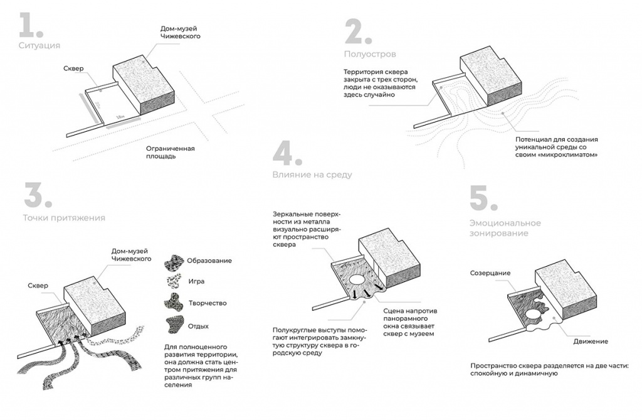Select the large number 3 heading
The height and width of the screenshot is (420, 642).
click(x=36, y=196)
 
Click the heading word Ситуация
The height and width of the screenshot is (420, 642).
click(x=39, y=46)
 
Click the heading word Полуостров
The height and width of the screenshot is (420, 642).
click(x=370, y=54)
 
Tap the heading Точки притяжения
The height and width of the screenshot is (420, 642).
click(x=64, y=218)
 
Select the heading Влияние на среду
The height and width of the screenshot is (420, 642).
click(x=312, y=175)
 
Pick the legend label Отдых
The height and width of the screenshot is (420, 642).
click(x=197, y=326)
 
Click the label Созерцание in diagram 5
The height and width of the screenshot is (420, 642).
click(x=490, y=273)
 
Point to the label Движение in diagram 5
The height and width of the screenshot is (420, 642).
click(x=590, y=342)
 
